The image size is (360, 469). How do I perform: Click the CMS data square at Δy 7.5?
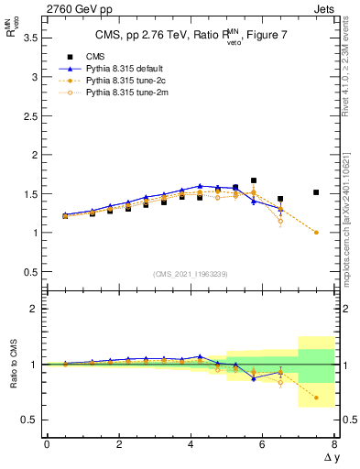(x=316, y=192)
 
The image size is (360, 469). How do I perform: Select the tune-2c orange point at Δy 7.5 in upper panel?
(x=316, y=233)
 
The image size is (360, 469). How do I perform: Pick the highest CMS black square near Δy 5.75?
(x=254, y=180)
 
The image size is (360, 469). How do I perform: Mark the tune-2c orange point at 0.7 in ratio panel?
(x=316, y=398)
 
